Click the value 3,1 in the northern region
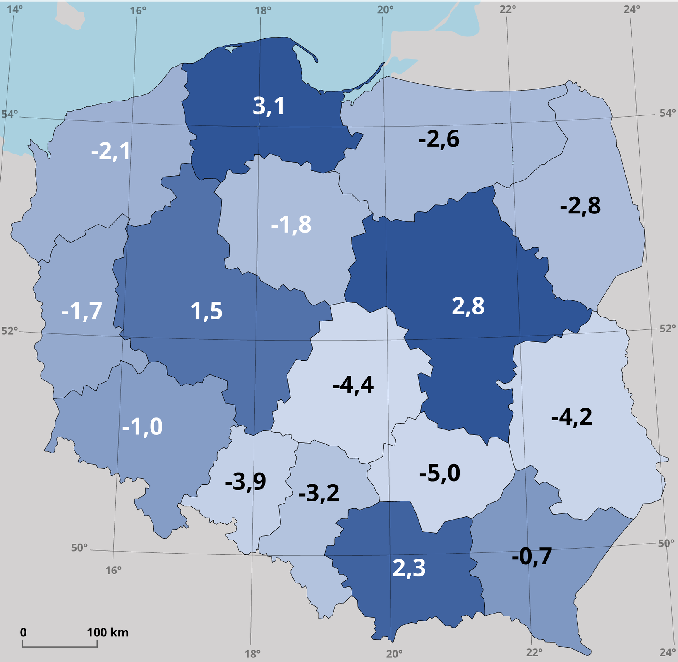tap(268, 106)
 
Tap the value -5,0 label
tap(439, 473)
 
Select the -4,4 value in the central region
tap(353, 385)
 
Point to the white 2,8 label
tap(468, 306)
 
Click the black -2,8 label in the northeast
tap(580, 206)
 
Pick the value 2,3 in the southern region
tap(409, 568)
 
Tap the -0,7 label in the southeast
tap(532, 556)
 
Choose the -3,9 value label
tap(245, 482)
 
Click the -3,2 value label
tap(319, 493)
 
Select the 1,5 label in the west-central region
tap(206, 311)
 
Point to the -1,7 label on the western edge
tap(81, 311)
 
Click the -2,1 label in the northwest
tap(110, 151)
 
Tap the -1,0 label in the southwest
tap(142, 427)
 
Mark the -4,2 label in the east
tap(572, 417)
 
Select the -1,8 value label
tap(291, 225)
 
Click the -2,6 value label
tap(438, 139)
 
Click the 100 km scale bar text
tap(108, 632)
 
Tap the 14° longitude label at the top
tap(15, 9)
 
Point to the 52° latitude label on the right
tap(667, 329)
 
